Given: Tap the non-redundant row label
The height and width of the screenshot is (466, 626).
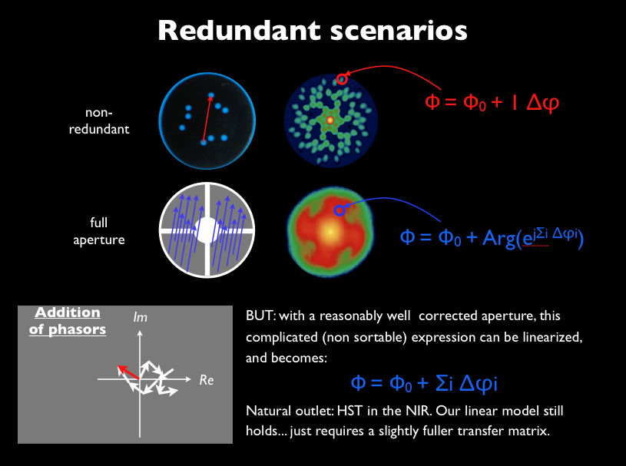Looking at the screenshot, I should point(108,121).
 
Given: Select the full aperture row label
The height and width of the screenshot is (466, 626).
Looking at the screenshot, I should point(108,230).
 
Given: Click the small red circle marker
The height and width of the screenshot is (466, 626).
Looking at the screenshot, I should point(343,78).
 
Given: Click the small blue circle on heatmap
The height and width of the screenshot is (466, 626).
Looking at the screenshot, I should point(338,209).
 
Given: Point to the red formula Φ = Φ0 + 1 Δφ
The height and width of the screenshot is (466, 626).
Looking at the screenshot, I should point(491,101).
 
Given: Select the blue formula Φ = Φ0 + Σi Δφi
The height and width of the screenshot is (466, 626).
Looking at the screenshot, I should point(428,383).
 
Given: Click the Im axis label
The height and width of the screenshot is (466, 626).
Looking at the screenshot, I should point(140,317).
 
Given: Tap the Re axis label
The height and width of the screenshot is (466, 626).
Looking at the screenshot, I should point(206,379).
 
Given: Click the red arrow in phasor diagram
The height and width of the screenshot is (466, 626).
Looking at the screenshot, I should point(128,372).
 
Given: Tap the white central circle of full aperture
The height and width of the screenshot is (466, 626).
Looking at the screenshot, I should point(206,230).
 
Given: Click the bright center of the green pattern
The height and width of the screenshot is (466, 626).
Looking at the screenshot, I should point(330,120).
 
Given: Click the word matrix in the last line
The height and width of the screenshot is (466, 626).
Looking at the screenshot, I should point(530,430).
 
